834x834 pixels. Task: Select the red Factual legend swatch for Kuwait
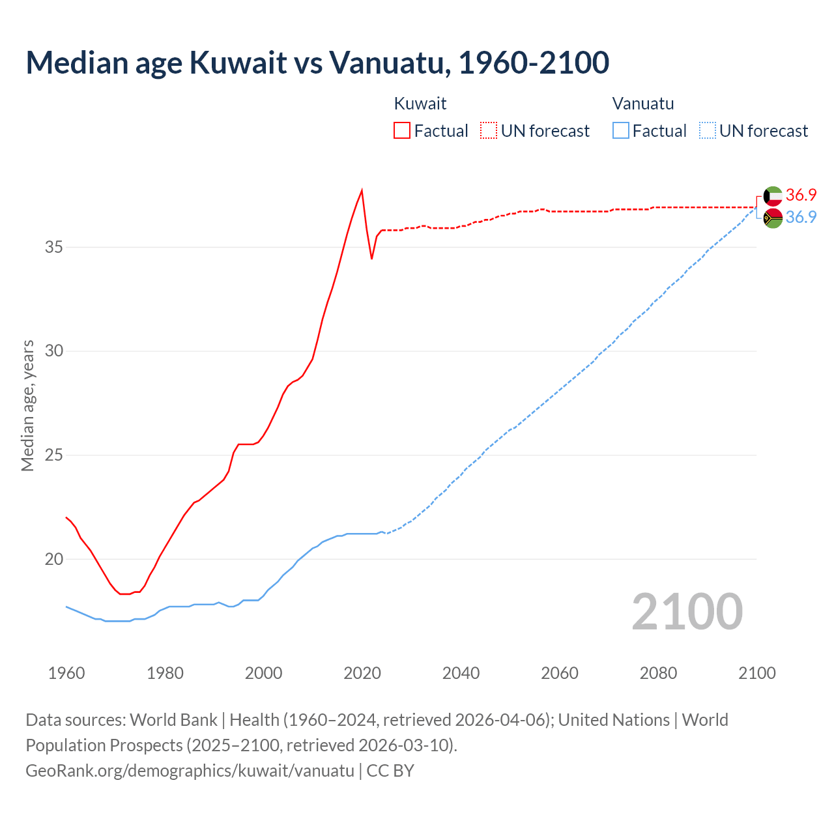pos(402,130)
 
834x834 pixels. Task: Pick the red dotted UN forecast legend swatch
pos(489,130)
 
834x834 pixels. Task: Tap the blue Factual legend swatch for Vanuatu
pos(621,130)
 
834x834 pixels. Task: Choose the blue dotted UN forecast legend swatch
pos(707,130)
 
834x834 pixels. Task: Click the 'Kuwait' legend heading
pos(420,104)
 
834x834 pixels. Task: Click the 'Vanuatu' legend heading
pos(643,104)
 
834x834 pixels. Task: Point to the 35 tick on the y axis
pos(54,247)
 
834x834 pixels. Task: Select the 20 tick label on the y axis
pos(54,559)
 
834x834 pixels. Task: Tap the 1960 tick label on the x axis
pos(66,673)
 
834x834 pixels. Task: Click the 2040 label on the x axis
pos(461,673)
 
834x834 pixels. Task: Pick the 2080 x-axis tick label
pos(658,673)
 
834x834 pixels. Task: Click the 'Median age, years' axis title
pos(27,405)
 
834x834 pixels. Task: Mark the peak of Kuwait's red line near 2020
pos(362,190)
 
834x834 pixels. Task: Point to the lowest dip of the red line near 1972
pos(124,594)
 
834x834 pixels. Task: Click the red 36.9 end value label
pos(801,195)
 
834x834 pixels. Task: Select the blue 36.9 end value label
pos(801,217)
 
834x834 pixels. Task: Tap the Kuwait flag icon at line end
pos(773,195)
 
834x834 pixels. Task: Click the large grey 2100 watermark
pos(687,611)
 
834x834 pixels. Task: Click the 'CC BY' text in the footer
pos(390,770)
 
